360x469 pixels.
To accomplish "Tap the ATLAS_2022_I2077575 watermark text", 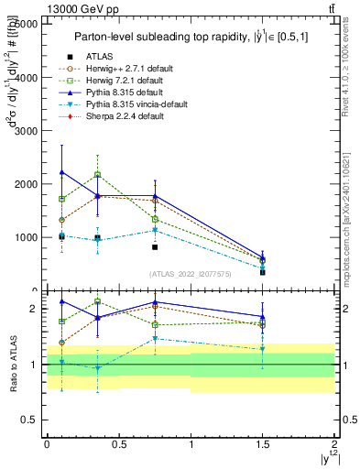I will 189,273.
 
